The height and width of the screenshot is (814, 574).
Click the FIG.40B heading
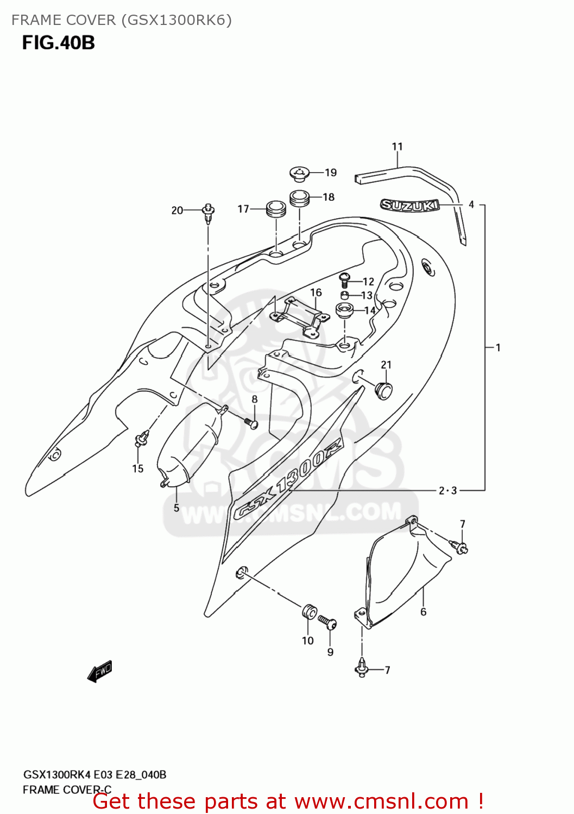pyautogui.click(x=59, y=42)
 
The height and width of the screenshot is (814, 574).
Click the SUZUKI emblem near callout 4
pyautogui.click(x=409, y=205)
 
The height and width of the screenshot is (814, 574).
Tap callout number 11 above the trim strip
pyautogui.click(x=398, y=147)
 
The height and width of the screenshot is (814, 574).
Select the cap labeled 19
pyautogui.click(x=299, y=174)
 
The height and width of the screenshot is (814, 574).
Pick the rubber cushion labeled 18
pyautogui.click(x=299, y=198)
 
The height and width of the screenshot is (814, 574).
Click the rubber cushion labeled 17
pyautogui.click(x=275, y=208)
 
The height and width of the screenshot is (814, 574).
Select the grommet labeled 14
pyautogui.click(x=344, y=311)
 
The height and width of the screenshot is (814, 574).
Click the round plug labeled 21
pyautogui.click(x=384, y=390)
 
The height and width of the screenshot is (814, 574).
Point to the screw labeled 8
pyautogui.click(x=251, y=423)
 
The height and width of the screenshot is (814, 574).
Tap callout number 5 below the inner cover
pyautogui.click(x=176, y=508)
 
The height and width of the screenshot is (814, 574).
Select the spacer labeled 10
pyautogui.click(x=308, y=612)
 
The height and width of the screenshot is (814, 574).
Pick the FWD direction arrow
pyautogui.click(x=99, y=671)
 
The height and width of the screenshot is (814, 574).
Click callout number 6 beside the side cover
pyautogui.click(x=424, y=612)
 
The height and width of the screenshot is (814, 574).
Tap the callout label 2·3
pyautogui.click(x=448, y=491)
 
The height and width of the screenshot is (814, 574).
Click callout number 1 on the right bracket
pyautogui.click(x=498, y=347)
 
